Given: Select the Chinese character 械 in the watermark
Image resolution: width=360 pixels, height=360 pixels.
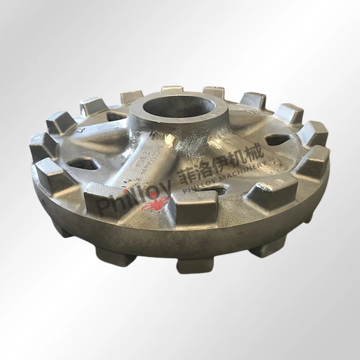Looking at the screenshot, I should pos(254,154).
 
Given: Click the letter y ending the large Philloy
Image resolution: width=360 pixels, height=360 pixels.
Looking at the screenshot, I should pos(165,190).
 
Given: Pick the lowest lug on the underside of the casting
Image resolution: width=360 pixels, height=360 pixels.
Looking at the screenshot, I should pos(193,264).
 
